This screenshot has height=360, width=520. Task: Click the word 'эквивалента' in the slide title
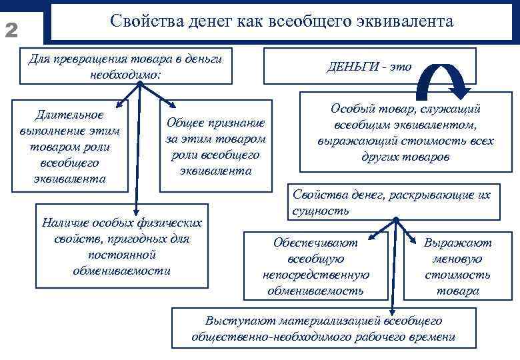pos(407,21)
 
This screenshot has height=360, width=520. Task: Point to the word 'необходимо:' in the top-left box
pos(125,73)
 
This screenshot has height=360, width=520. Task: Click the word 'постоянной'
pos(121,254)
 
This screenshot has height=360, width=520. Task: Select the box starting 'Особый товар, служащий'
pos(405,132)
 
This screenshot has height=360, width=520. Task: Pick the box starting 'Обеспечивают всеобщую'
pos(315,266)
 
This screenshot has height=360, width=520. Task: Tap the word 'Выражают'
pos(458,243)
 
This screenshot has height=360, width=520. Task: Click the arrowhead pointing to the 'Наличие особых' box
pos(136,211)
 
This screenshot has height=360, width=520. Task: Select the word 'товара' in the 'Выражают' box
pos(457,291)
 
